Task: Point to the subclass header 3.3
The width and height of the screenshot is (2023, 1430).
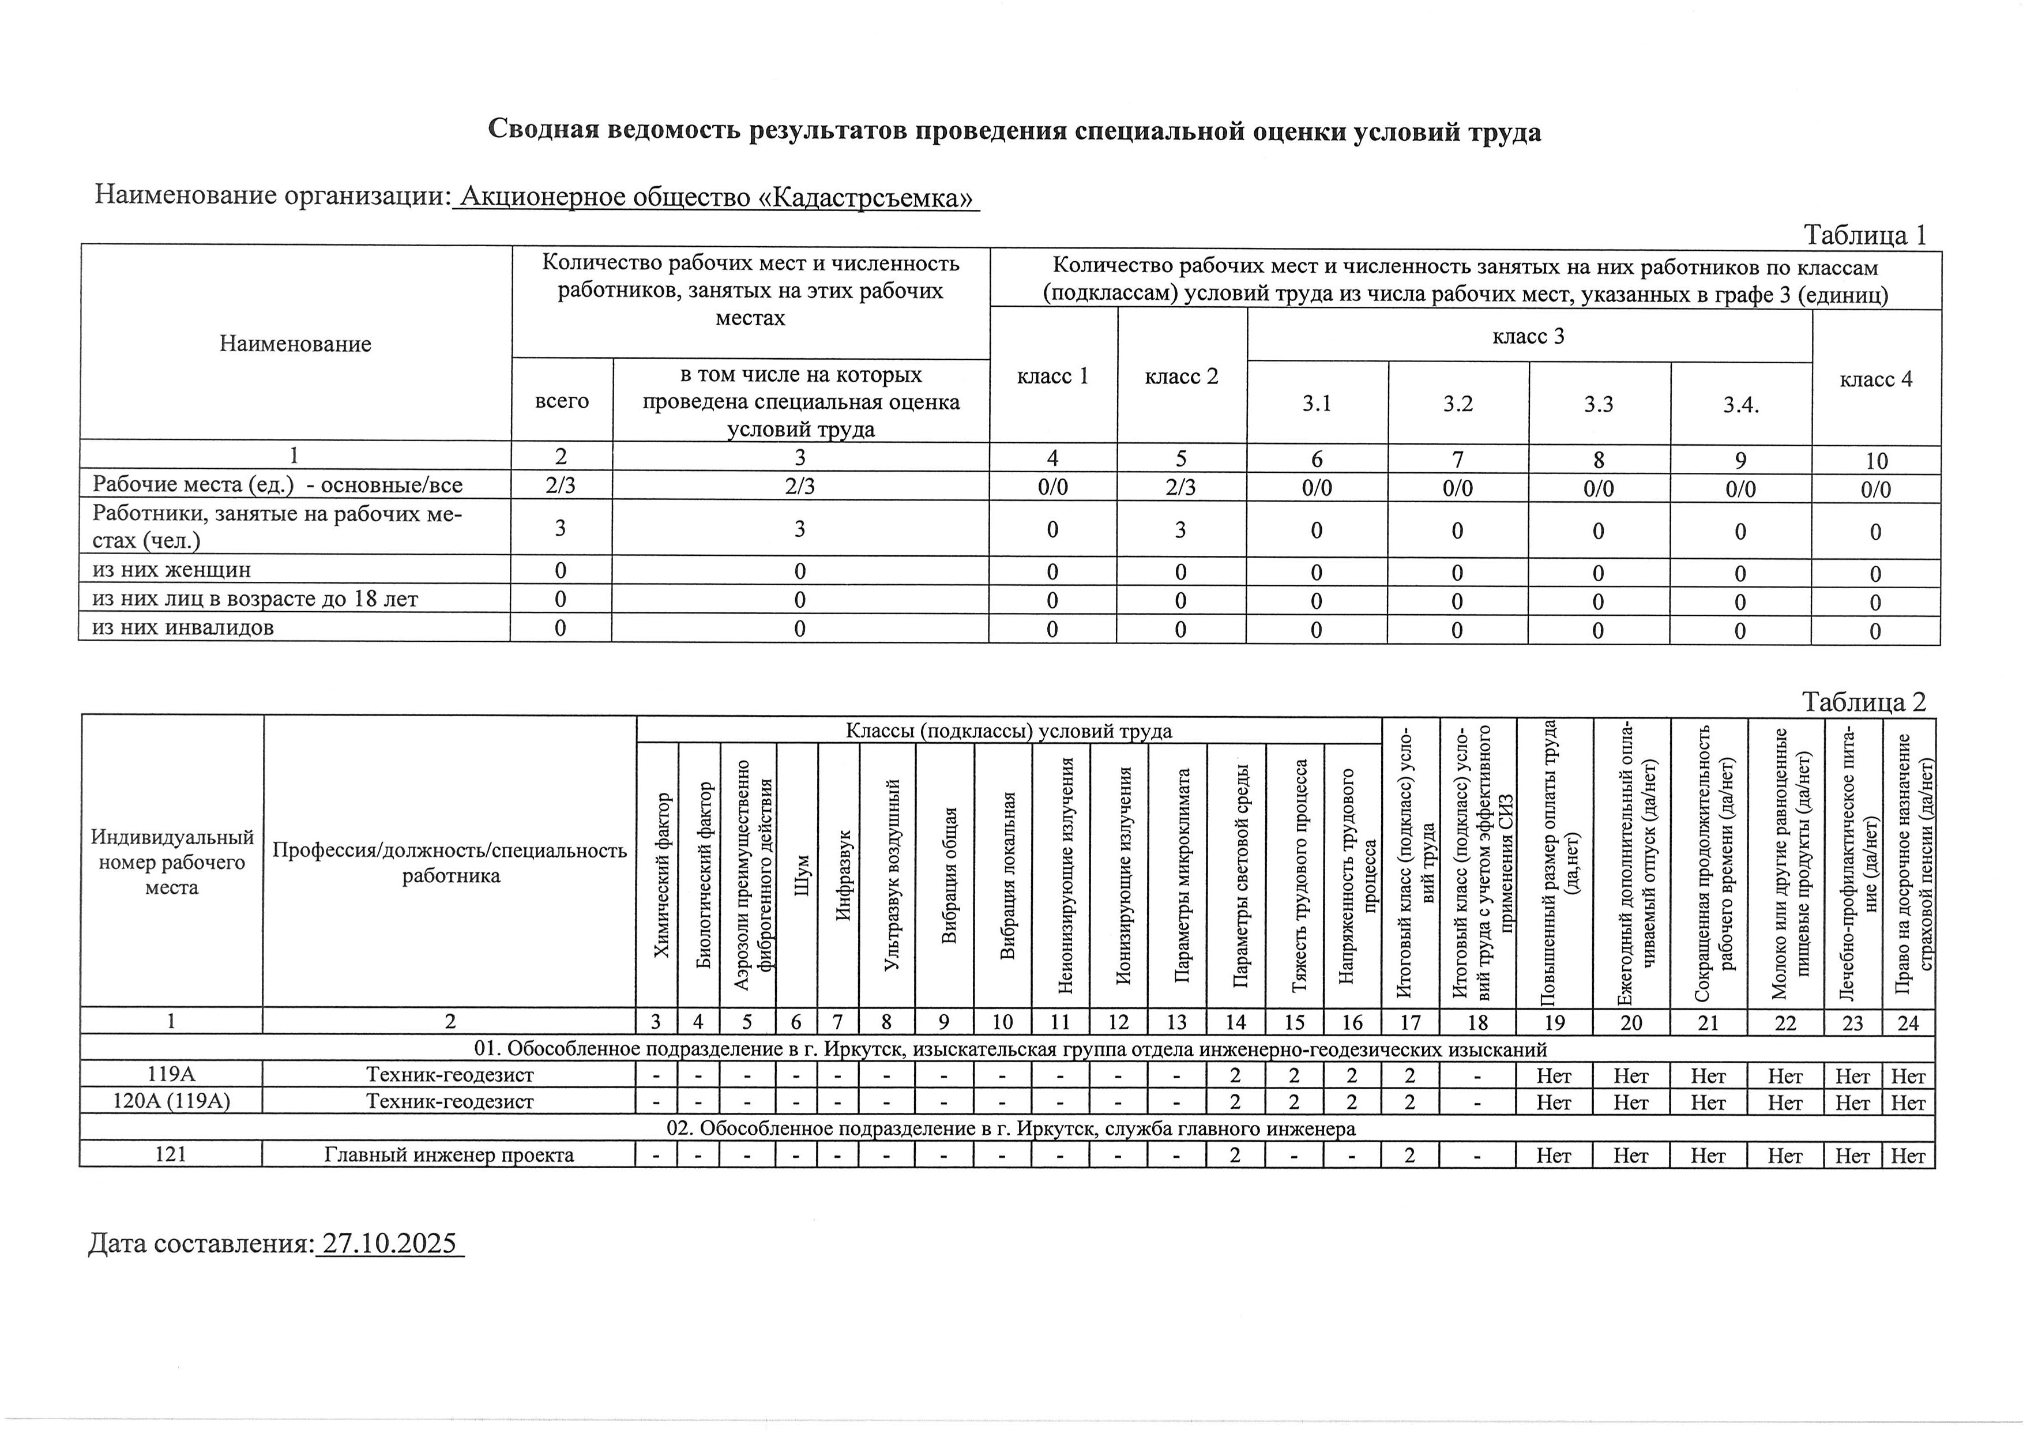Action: tap(1599, 404)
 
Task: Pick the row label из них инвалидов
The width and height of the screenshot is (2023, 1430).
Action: tap(183, 627)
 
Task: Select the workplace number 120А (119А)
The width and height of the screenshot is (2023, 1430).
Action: tap(172, 1101)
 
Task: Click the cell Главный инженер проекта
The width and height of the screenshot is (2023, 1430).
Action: tap(449, 1155)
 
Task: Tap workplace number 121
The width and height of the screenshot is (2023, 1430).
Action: tap(170, 1155)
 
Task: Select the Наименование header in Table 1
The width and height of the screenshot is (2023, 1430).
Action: tap(295, 344)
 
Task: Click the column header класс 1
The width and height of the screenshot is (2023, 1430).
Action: tap(1053, 376)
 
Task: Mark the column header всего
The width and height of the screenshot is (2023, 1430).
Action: tap(562, 401)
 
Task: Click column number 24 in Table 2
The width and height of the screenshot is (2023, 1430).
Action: tap(1908, 1022)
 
